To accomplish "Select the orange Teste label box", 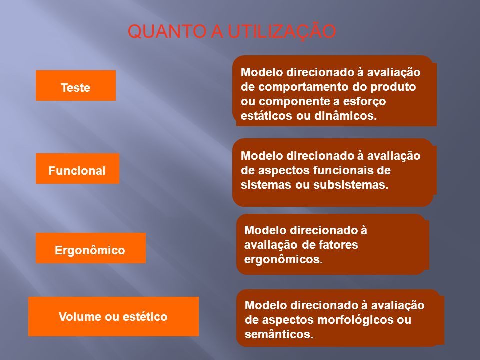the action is [x=76, y=85].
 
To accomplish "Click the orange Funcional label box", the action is [x=78, y=168].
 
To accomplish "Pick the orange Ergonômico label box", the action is [x=91, y=248].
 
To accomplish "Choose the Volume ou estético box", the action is [x=113, y=317].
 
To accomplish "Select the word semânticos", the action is [x=279, y=334].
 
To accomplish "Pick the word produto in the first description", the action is [x=393, y=87].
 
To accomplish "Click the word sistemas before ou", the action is [x=266, y=185].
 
